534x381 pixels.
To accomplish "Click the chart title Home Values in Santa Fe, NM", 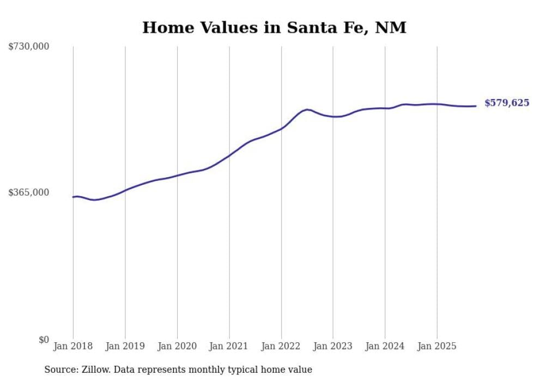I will click(274, 27).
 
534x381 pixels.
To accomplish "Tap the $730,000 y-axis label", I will click(29, 47).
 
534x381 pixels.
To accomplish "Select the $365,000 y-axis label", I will click(29, 192).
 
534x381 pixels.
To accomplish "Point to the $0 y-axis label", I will click(44, 340).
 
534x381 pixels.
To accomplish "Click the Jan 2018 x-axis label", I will click(73, 346).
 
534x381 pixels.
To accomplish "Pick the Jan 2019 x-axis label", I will click(125, 346).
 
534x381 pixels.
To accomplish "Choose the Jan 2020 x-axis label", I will click(177, 346).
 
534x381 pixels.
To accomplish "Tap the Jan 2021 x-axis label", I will click(229, 346).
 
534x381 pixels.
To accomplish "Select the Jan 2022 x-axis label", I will click(281, 346).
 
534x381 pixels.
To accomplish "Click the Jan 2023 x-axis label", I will click(333, 346).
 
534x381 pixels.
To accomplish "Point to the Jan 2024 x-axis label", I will click(385, 346).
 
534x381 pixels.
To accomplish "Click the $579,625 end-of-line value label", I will click(507, 103).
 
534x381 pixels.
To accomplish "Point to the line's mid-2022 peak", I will click(307, 110).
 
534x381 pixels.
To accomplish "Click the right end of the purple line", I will click(476, 106).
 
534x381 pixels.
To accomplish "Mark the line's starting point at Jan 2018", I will click(73, 197).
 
